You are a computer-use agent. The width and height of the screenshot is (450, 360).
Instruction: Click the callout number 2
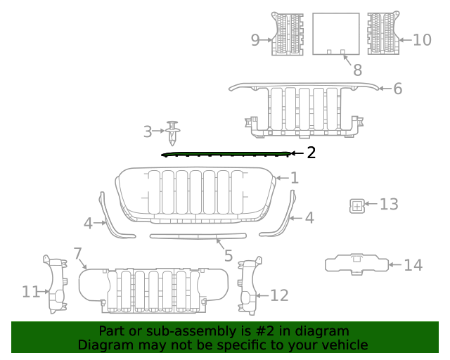[x=311, y=153]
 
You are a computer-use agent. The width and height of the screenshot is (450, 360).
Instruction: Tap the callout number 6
[x=397, y=89]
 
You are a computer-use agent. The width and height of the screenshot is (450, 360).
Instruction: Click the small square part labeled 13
[x=356, y=205]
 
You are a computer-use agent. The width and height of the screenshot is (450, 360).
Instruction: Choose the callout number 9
[x=255, y=40]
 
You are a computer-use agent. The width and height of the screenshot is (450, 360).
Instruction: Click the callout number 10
[x=422, y=39]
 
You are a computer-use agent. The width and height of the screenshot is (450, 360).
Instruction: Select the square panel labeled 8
[x=335, y=32]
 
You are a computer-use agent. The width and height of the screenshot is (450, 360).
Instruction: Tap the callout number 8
[x=357, y=70]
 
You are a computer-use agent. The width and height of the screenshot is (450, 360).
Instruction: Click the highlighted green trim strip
[x=225, y=154]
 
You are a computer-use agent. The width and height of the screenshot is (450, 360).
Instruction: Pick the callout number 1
[x=295, y=178]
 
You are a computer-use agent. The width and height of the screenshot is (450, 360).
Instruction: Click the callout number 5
[x=229, y=256]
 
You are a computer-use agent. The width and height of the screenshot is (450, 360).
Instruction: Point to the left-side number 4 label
[x=88, y=224]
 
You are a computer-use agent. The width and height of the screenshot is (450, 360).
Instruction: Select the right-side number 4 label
[x=309, y=218]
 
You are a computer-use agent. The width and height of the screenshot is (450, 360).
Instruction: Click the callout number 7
[x=77, y=253]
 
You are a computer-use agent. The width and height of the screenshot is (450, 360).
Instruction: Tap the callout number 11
[x=31, y=291]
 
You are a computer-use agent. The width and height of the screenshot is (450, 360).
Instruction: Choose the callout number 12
[x=279, y=295]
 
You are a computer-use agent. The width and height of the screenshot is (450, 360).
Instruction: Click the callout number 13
[x=389, y=205]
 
